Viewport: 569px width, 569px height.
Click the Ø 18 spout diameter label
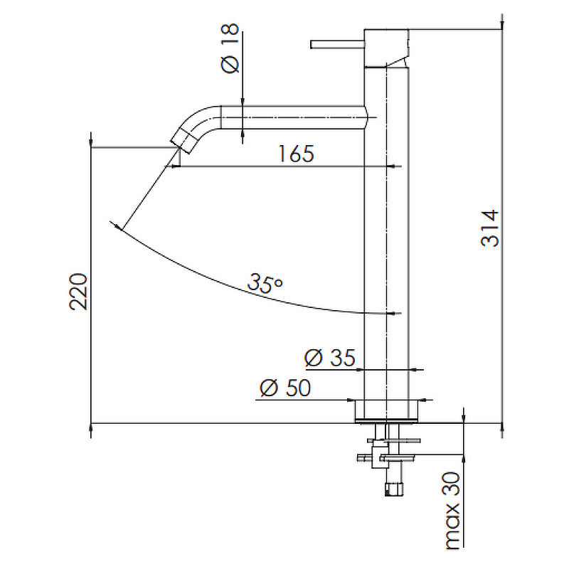230,48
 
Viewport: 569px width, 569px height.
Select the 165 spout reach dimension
296,154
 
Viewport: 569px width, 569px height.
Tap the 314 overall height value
490,228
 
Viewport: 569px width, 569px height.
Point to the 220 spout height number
78,292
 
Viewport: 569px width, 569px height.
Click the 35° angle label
265,283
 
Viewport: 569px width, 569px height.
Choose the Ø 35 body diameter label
329,358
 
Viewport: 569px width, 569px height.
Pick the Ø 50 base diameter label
285,388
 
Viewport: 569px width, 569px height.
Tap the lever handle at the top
337,44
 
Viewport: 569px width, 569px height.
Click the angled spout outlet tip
184,142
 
